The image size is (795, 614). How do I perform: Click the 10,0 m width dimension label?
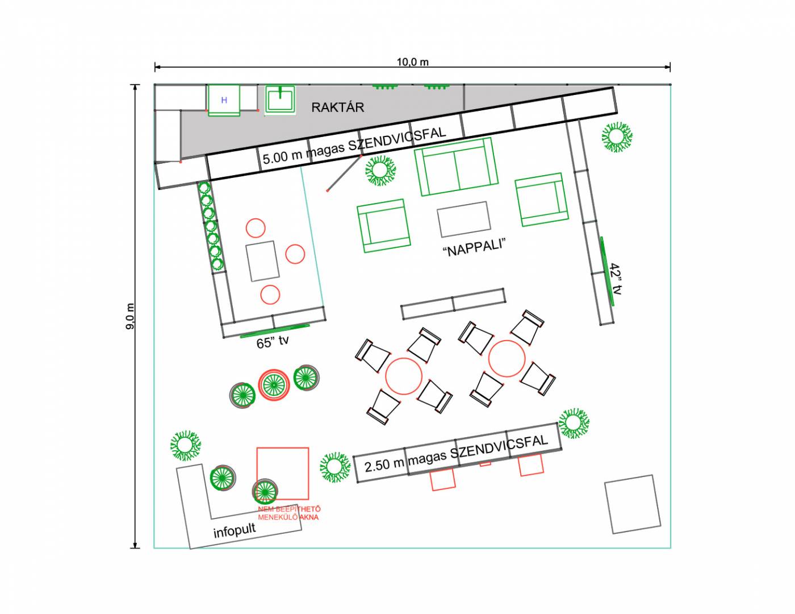[x=413, y=62]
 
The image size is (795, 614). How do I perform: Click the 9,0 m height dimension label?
[x=130, y=316]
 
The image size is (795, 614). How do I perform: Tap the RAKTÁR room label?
[x=338, y=107]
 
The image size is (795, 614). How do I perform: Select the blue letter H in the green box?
[x=224, y=100]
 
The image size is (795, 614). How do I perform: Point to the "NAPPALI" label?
[x=474, y=248]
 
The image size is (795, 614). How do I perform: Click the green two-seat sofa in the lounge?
[x=456, y=167]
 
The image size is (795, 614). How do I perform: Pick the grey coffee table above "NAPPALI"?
[x=464, y=219]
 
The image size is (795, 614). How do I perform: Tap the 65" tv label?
[x=273, y=342]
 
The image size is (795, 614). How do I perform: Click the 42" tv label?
[x=616, y=279]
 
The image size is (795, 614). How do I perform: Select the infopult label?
[x=235, y=530]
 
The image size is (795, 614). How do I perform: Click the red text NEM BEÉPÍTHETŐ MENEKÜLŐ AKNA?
[x=289, y=513]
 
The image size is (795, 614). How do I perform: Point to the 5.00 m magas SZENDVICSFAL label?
[x=354, y=146]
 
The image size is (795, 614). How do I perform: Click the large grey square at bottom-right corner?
[x=633, y=504]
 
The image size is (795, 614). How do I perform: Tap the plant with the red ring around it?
[x=274, y=385]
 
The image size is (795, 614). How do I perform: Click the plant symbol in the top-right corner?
[x=617, y=137]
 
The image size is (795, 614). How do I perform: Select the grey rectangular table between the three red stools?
[x=262, y=261]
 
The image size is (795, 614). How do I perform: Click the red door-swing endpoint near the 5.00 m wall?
[x=328, y=191]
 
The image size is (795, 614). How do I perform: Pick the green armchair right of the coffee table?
[x=542, y=200]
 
